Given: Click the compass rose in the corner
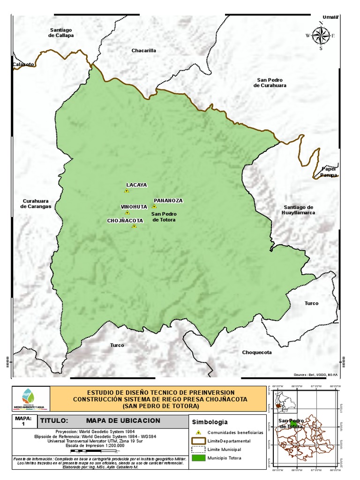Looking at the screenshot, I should point(321,36).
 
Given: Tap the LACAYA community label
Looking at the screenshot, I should point(136,185).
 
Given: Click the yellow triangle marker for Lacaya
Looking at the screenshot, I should point(126,191).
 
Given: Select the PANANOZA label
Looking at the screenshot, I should point(168,201).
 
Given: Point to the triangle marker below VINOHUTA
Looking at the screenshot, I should point(127,213).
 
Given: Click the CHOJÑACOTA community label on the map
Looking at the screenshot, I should point(125,220).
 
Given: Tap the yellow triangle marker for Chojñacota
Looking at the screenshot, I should point(134,226).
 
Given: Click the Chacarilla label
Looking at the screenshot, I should point(143,50).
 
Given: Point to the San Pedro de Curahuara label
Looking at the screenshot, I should point(270,82).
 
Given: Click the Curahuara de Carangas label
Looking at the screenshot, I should point(36,203).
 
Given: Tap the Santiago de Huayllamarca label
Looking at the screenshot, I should point(298,210).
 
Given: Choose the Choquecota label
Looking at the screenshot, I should point(257,352).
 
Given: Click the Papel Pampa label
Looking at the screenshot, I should point(329,172).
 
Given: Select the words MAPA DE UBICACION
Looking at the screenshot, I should point(123,420).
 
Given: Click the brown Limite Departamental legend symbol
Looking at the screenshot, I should point(199,441).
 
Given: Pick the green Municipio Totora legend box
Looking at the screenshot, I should point(199,458).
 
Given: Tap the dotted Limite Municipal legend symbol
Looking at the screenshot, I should point(199,450).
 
